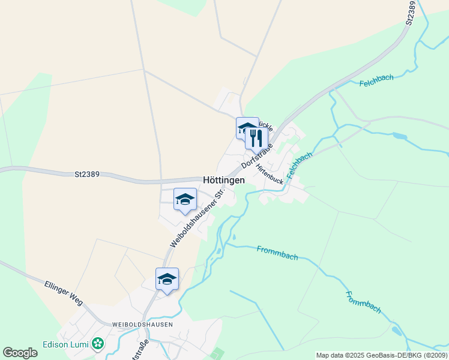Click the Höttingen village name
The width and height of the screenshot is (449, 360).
[x=224, y=179]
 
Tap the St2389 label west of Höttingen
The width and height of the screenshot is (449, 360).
[x=87, y=175]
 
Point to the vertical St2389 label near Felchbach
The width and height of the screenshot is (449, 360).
[x=411, y=13]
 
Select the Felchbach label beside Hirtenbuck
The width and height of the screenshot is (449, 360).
[x=300, y=164]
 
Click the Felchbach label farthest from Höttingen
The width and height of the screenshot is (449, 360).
[x=376, y=82]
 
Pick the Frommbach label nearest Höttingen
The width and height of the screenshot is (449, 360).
[x=277, y=253]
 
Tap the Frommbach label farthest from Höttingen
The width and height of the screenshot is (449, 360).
[x=363, y=302]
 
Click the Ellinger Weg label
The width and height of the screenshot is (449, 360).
[x=63, y=292]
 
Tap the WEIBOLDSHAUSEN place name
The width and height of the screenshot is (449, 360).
[x=142, y=324]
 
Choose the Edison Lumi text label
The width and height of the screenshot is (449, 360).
[x=65, y=344]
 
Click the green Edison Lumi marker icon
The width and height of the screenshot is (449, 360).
[x=97, y=344]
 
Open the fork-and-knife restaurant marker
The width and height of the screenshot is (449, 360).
[x=256, y=138]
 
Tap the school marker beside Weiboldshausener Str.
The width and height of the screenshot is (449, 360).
[x=185, y=199]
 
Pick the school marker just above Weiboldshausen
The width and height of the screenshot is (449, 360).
[x=167, y=279]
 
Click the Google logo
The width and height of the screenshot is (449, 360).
[x=20, y=353]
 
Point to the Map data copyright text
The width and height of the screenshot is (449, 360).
[x=382, y=355]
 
